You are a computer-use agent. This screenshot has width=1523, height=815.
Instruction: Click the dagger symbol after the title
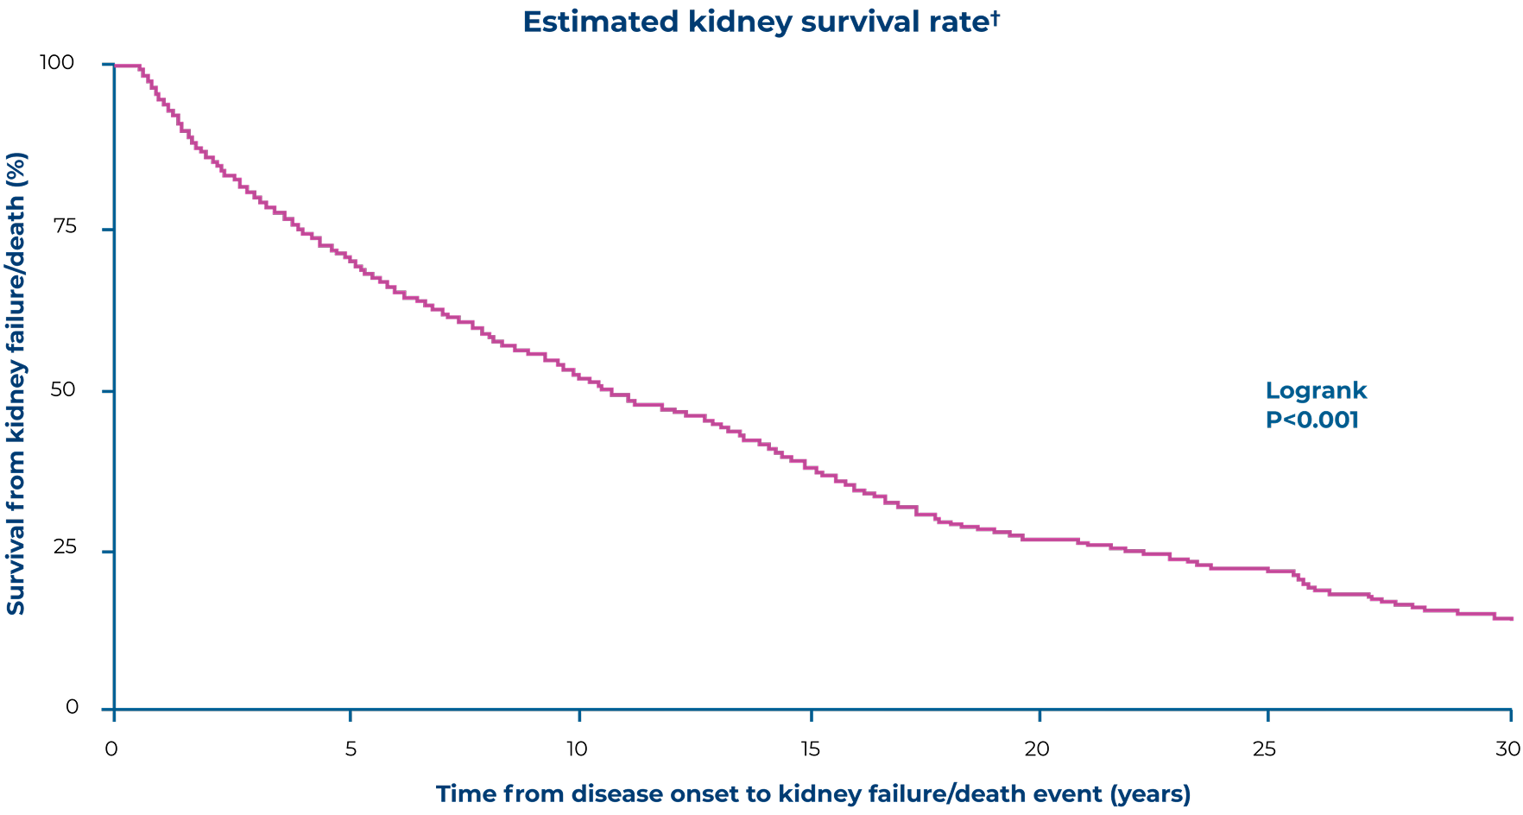[995, 17]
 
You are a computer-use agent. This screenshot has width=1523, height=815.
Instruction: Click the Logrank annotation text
[1316, 391]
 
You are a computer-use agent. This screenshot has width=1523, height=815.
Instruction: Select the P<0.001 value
[1311, 420]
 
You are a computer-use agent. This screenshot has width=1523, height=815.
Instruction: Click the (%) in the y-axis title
[16, 167]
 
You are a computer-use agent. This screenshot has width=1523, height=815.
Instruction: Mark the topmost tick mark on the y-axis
[108, 65]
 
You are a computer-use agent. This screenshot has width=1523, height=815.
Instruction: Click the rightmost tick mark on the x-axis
[1510, 715]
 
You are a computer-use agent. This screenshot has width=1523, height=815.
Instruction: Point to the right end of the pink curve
[1512, 618]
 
